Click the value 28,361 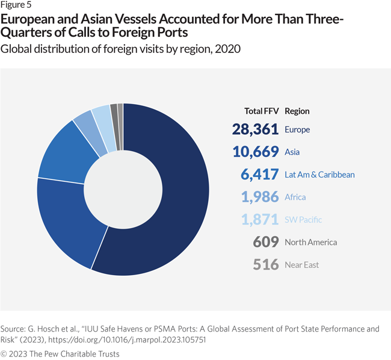coord(255,129)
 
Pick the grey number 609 coord(266,242)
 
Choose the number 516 coord(266,264)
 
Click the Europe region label coord(298,129)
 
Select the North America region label coord(310,242)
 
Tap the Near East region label coord(301,265)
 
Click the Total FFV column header coord(262,111)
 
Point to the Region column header coord(297,111)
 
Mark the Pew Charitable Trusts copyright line coord(60,353)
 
